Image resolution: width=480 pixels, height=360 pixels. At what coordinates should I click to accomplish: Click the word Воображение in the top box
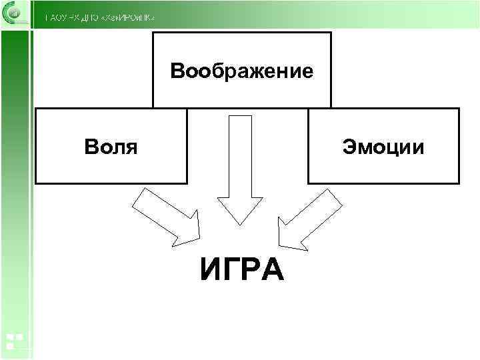(242, 71)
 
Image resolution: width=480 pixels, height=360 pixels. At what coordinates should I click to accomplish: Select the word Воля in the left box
(111, 146)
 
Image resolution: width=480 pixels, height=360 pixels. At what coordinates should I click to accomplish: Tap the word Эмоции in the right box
(383, 147)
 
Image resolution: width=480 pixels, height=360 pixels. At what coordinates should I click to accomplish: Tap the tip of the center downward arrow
(240, 224)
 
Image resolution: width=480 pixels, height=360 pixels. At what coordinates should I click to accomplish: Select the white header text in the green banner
(100, 17)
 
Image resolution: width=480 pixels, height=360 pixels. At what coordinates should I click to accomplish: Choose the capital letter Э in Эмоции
(349, 147)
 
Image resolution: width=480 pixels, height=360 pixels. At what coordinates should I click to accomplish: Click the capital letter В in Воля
(91, 146)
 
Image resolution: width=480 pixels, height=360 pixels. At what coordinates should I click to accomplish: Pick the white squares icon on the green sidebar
(13, 341)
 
